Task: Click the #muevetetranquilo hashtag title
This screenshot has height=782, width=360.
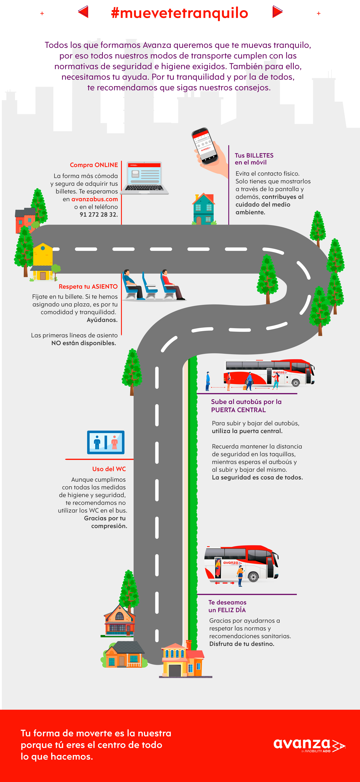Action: (179, 13)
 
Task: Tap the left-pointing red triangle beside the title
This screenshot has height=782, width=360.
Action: (83, 12)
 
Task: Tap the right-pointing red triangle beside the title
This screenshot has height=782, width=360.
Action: (277, 12)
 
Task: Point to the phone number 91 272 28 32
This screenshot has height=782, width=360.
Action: (99, 215)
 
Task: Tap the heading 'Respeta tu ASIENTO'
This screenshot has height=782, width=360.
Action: (88, 287)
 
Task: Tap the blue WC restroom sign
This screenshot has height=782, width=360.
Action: (106, 442)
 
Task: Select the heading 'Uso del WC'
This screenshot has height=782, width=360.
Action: (109, 469)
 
